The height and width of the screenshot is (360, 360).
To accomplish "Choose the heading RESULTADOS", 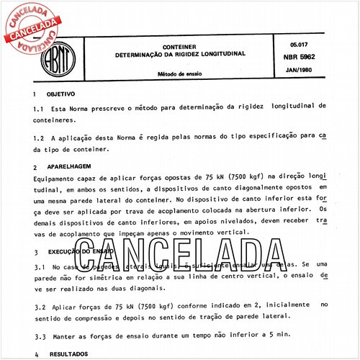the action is pyautogui.click(x=67, y=354).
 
